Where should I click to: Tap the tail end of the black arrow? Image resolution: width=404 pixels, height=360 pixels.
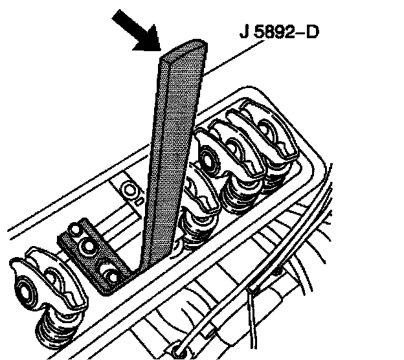tap(116, 14)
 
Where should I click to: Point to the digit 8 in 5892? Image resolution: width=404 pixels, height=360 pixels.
tap(270, 32)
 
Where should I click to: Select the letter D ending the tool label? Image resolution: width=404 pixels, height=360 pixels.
tap(312, 32)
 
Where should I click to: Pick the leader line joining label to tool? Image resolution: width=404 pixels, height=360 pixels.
tap(234, 58)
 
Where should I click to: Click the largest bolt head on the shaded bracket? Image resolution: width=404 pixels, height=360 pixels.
tap(88, 247)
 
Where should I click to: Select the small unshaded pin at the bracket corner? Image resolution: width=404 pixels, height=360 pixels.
tap(75, 230)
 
